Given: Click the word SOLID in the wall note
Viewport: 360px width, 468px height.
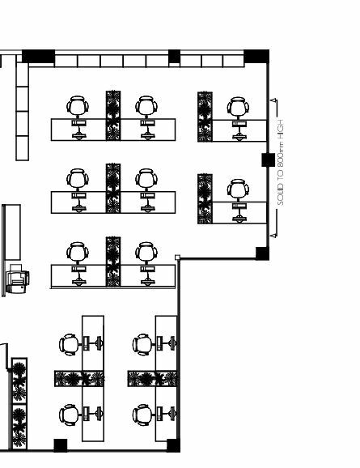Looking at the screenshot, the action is click(x=281, y=194).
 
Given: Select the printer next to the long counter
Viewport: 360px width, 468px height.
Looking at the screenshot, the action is click(x=17, y=279).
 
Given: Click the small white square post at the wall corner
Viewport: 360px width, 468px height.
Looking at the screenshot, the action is click(x=177, y=257).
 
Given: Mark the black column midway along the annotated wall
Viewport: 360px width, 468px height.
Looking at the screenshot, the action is click(x=268, y=160).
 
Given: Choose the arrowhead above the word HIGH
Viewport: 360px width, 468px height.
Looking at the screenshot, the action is click(x=273, y=100).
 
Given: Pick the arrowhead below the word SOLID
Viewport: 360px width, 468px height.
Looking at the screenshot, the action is click(x=273, y=236).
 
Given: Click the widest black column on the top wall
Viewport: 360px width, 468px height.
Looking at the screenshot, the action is click(x=39, y=57).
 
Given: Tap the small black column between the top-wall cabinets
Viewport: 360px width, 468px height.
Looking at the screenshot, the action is click(x=174, y=57).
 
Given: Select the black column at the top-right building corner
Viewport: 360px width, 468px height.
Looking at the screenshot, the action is click(x=256, y=57).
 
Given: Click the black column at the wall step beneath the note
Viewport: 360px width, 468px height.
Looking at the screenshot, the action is click(x=262, y=253).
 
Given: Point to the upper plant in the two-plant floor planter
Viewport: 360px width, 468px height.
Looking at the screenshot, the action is click(x=19, y=381).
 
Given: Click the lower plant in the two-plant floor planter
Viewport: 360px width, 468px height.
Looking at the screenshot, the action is click(x=19, y=427).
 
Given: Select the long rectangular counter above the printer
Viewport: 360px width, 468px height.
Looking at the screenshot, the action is click(x=12, y=232).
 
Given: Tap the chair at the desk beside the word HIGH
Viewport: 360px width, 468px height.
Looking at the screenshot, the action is click(x=238, y=108).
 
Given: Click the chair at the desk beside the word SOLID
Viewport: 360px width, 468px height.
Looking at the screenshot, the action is click(x=238, y=189).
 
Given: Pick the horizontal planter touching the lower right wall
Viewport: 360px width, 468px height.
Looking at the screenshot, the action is click(x=152, y=378).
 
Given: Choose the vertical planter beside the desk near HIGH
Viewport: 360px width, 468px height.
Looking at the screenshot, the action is click(x=205, y=117).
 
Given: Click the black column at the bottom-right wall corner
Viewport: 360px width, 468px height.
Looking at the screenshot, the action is click(x=173, y=445).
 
